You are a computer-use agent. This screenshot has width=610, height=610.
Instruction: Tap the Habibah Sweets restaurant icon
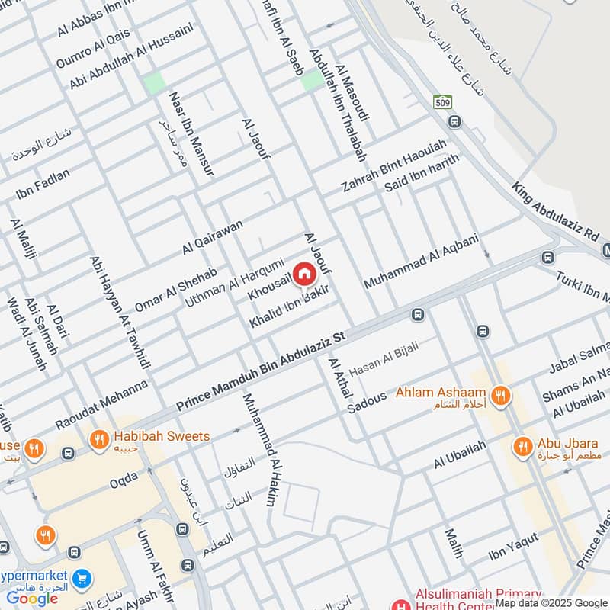pos(98,438)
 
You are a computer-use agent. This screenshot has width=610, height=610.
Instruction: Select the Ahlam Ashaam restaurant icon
pos(500,394)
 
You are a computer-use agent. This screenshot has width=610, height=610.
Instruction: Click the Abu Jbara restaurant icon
pos(522,447)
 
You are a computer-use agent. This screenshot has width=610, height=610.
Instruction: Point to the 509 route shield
pos(442,101)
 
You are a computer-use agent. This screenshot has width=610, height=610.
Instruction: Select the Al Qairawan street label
pos(212,238)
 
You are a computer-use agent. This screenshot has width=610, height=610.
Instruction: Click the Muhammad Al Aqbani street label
pos(421,261)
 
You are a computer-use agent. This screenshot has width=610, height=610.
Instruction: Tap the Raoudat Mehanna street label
pos(101,405)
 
